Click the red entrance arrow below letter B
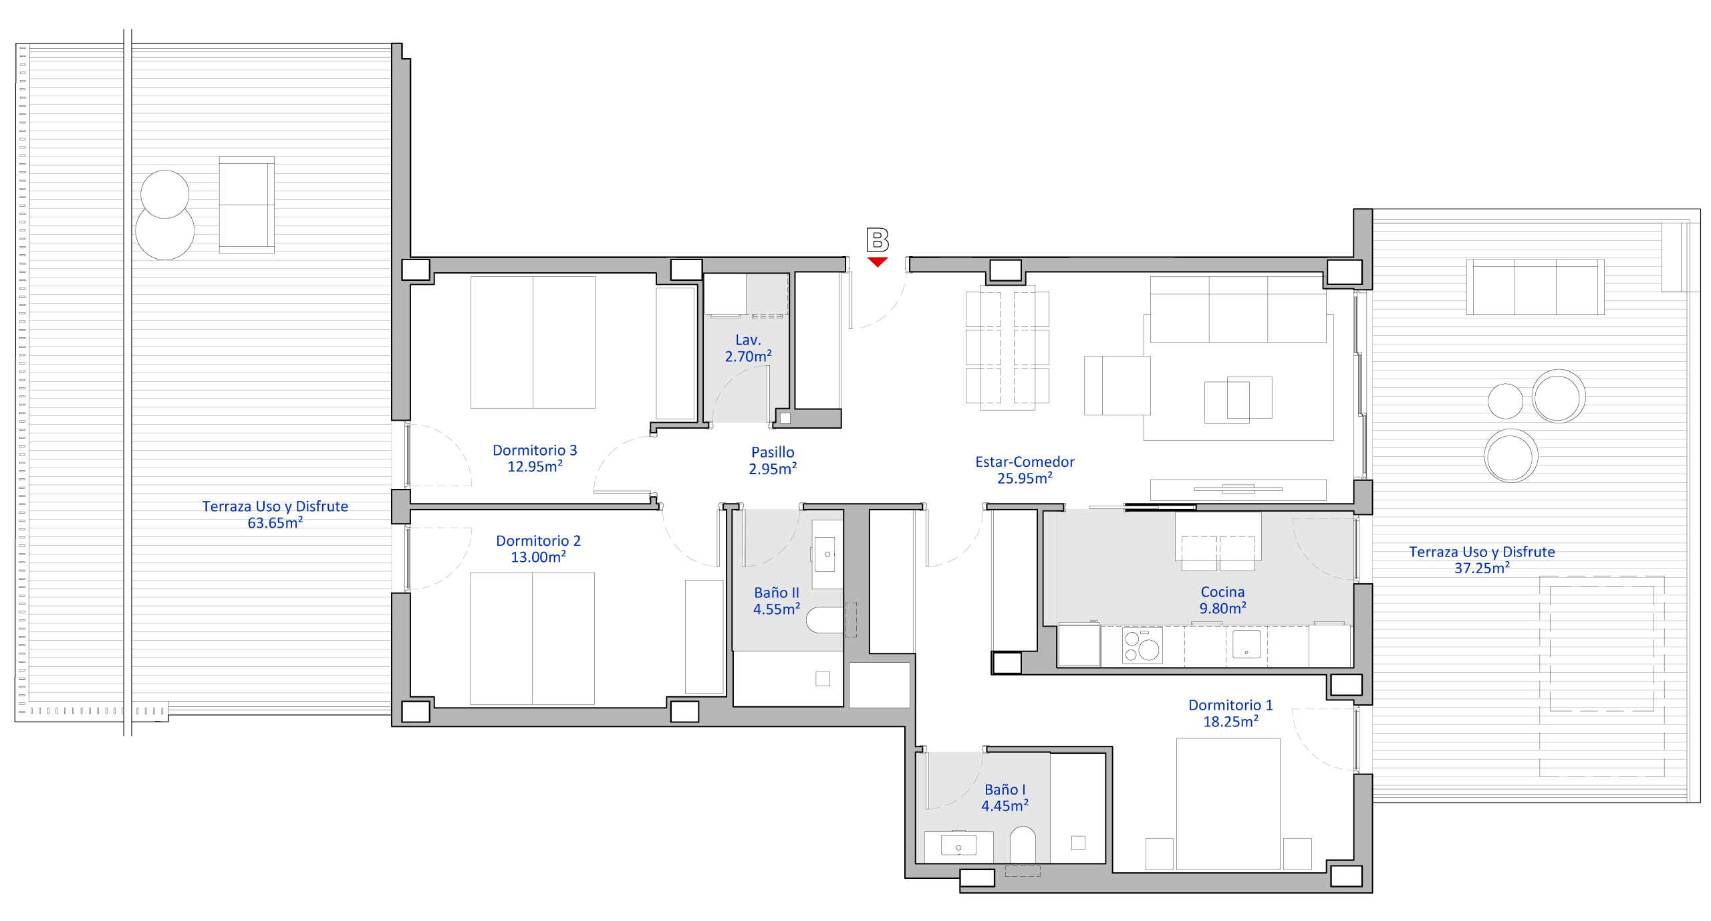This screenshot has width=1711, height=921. tap(878, 262)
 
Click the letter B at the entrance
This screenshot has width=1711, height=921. tap(878, 240)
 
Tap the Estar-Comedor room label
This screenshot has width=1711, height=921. tap(1025, 462)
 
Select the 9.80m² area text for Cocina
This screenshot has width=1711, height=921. tap(1222, 608)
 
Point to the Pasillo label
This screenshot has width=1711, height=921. tap(773, 452)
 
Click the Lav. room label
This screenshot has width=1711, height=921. tap(748, 340)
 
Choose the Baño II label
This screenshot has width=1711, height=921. tap(777, 593)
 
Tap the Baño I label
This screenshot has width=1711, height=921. tap(1005, 789)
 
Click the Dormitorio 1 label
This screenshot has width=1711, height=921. tap(1230, 705)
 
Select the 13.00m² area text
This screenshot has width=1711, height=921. tap(538, 556)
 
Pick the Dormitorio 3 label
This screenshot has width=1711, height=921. tap(535, 450)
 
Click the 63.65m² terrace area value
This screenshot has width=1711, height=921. tap(275, 522)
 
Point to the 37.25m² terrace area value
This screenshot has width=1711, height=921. tap(1482, 568)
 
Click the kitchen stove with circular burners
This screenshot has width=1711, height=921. tap(1142, 645)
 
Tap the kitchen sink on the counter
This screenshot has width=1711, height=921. tap(1246, 644)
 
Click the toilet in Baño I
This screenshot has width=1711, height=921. tap(1023, 845)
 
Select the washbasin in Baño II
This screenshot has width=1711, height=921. tap(827, 554)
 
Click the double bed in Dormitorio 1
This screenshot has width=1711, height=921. tap(1228, 804)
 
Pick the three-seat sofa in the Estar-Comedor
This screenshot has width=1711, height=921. tap(1238, 309)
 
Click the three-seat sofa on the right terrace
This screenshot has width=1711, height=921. tap(1535, 287)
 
